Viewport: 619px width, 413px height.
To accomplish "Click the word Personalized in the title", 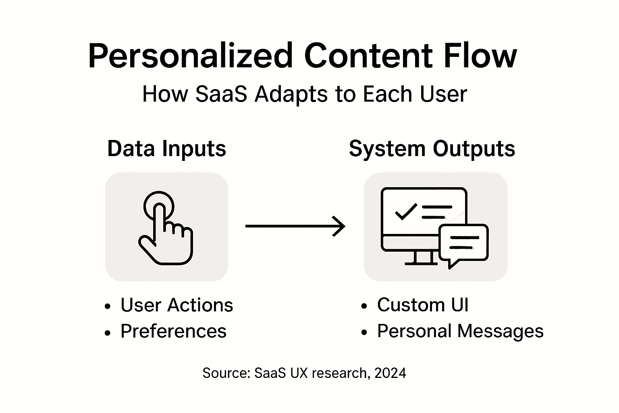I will [190, 56].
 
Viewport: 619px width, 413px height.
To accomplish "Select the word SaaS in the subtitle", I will [221, 94].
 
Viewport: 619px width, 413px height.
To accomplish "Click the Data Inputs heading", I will [166, 148].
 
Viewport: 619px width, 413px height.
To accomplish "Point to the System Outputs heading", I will [432, 148].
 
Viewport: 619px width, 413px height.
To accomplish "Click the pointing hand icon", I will [166, 232].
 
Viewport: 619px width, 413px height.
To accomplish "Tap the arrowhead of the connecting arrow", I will [341, 226].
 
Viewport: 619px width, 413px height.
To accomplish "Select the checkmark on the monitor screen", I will [405, 211].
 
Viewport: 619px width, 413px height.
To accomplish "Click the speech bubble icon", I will [463, 244].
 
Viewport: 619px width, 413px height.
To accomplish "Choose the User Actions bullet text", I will [177, 305].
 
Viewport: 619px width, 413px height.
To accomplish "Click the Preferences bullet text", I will [173, 331].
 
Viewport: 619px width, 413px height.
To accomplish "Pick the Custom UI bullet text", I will [423, 305].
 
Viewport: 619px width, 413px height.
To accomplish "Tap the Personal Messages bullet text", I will [460, 331].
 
